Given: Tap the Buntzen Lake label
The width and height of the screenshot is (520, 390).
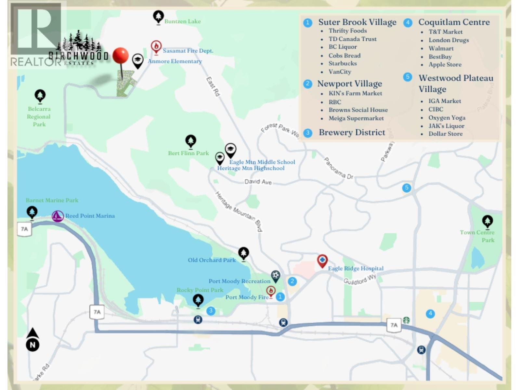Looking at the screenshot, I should coord(182,21).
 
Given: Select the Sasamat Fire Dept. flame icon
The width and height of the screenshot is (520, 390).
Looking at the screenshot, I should coord(156,47).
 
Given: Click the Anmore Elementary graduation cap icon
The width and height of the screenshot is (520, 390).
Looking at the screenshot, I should coord(138,60).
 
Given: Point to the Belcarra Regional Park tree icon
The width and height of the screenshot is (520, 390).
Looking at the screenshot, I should coord(40,96).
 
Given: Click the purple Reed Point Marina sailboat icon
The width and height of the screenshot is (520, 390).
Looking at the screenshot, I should coord(58,216).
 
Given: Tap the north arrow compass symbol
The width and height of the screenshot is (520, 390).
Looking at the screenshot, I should coord(32,340).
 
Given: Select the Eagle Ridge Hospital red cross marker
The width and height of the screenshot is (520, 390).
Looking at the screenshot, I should coord(322,260).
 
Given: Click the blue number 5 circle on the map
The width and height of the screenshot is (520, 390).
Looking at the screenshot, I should coord(407,188).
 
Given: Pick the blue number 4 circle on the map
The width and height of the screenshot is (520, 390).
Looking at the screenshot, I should coord(430,314).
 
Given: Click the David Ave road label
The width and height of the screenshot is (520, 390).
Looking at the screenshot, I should coord(258,182).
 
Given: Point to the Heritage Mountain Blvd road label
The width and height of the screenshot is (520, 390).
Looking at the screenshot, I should coord(239,211).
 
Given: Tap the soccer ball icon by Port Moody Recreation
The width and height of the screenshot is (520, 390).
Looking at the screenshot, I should coord(275,276).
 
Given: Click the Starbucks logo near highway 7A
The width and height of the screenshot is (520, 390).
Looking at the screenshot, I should coord(406,320).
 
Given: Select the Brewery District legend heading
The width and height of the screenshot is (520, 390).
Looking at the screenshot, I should coord(352,132).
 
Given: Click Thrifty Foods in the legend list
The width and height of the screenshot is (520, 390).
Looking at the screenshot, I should coord(347,31).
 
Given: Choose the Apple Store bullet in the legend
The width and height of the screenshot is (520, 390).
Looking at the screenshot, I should coord(445,64).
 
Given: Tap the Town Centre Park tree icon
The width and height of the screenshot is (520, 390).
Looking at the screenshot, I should coord(487,221).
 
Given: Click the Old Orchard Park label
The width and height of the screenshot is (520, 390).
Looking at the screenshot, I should coord(212,260).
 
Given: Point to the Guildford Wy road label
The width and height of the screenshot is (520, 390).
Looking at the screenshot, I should coord(360,279).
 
